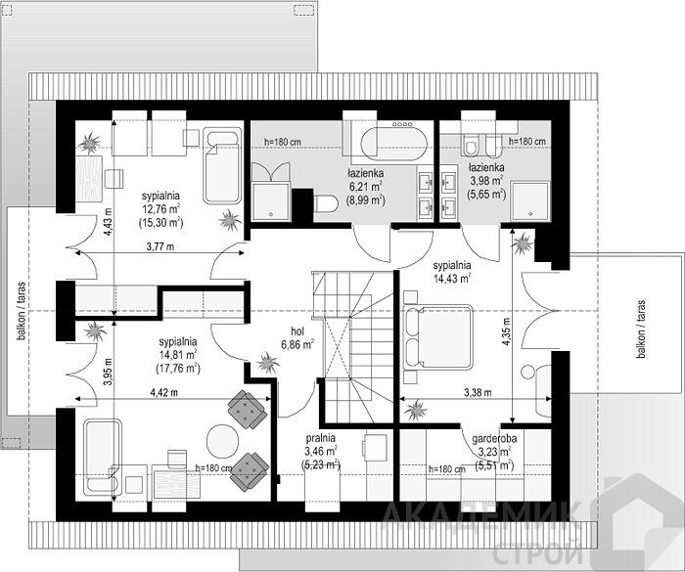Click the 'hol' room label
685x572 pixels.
click(297, 331)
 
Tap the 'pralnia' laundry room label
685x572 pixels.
click(321, 437)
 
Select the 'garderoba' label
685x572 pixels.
click(494, 438)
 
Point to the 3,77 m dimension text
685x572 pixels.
click(160, 246)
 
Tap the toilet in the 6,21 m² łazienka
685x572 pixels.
click(326, 203)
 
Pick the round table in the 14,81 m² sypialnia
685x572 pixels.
click(223, 441)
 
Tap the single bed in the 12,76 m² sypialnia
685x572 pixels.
click(222, 166)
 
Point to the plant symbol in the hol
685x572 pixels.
click(267, 363)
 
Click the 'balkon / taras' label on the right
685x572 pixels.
click(641, 329)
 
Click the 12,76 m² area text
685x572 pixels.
click(160, 208)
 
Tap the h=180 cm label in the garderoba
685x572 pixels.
click(447, 469)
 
